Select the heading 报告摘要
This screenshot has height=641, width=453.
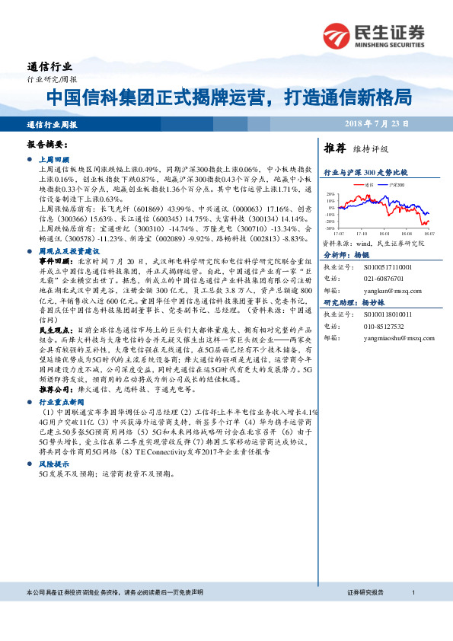click(x=48, y=143)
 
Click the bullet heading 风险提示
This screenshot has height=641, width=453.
click(x=53, y=463)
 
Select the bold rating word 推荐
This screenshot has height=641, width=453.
click(x=336, y=148)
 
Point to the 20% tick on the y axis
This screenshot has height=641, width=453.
click(x=330, y=194)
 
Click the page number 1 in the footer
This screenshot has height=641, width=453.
click(x=412, y=592)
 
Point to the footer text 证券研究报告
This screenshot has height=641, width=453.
click(x=365, y=592)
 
